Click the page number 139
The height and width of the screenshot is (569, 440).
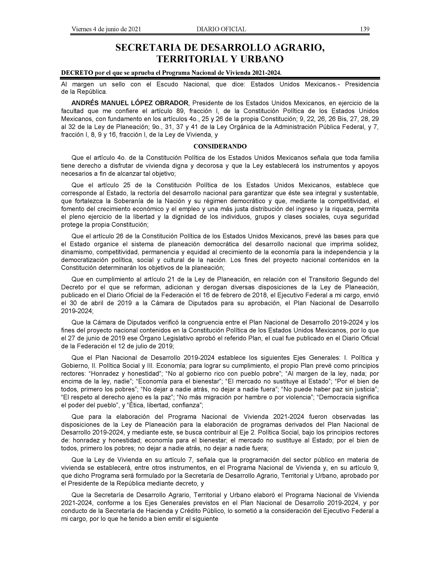point(364,29)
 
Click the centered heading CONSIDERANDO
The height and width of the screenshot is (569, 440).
point(220,146)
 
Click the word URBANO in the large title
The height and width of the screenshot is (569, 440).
point(261,59)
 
